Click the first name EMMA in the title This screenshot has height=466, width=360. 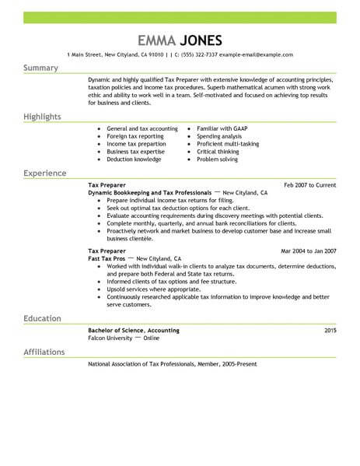tap(156, 40)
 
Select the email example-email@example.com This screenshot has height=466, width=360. tap(256, 55)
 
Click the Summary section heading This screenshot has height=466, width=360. tap(40, 68)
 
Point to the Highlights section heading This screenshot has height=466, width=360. tap(43, 116)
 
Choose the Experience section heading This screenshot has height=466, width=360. tap(45, 173)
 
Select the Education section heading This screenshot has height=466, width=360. tap(44, 319)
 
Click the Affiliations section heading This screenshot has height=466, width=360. tap(44, 352)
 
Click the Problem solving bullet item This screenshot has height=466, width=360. tap(218, 159)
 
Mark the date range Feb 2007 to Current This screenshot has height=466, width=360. tap(309, 184)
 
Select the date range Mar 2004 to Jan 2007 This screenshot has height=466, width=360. tap(308, 251)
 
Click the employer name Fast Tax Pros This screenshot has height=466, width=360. tap(107, 258)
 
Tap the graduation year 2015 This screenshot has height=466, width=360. tap(330, 331)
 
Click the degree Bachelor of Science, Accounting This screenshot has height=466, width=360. tap(134, 331)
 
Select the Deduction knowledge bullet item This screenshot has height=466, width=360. tap(134, 159)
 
